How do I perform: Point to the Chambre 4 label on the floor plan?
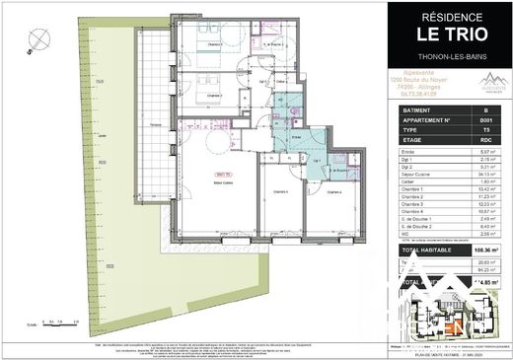(x=334, y=191)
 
